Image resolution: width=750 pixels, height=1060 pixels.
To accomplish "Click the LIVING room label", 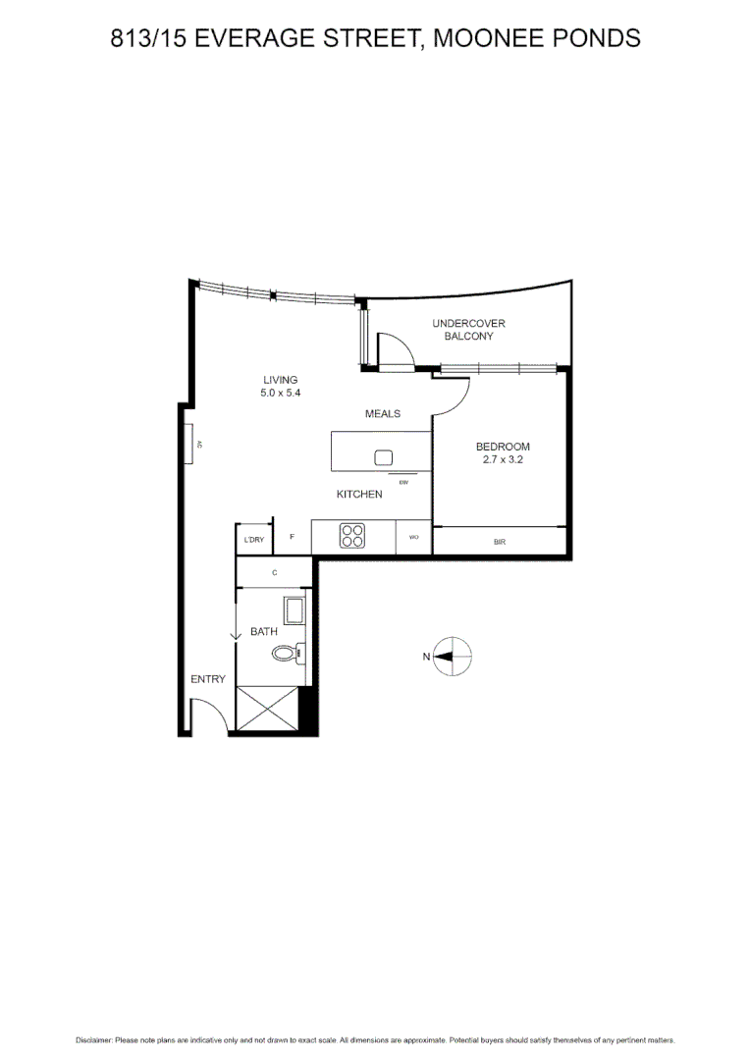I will pos(280,380).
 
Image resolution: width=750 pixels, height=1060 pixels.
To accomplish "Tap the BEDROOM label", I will pos(503,447).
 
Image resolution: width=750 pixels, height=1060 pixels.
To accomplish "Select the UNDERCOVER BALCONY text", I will pos(468,330).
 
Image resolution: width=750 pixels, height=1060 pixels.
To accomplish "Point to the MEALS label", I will pos(383,414).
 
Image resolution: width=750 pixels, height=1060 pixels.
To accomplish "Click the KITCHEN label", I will pos(359,495).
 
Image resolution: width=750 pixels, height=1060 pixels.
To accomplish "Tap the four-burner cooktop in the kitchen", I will pos(352,537).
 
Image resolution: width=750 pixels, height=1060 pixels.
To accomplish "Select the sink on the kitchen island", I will pos(383,457).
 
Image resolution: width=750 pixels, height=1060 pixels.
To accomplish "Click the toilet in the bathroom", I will pos(287,652).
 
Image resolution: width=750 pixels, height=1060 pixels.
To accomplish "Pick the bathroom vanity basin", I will pos(295,610).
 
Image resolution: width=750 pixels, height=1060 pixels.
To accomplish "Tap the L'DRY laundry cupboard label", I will pos(253,540).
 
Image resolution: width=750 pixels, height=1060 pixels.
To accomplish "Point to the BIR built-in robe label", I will pos(500,542).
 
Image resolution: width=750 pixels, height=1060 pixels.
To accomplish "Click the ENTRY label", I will pos(208,679).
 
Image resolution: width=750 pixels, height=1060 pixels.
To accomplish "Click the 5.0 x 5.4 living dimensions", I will pos(280,394).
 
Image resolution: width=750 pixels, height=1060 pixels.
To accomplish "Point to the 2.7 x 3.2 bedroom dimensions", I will pos(503,459).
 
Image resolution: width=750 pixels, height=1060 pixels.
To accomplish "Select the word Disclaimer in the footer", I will pos(94,1039).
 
